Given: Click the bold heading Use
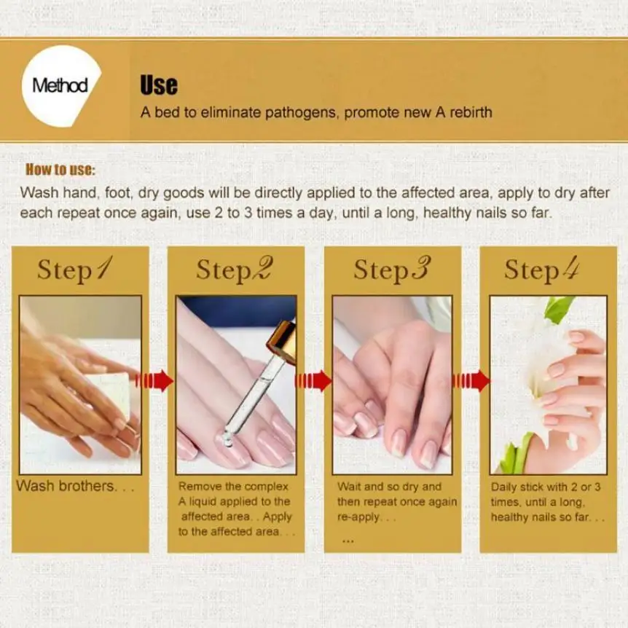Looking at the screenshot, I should tap(158, 85).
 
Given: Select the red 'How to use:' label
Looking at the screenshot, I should tap(61, 171).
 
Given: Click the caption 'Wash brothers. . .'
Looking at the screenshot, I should tap(75, 486).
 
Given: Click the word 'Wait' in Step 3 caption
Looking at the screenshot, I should tap(349, 487).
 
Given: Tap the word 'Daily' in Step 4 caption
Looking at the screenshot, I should tap(503, 487).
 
